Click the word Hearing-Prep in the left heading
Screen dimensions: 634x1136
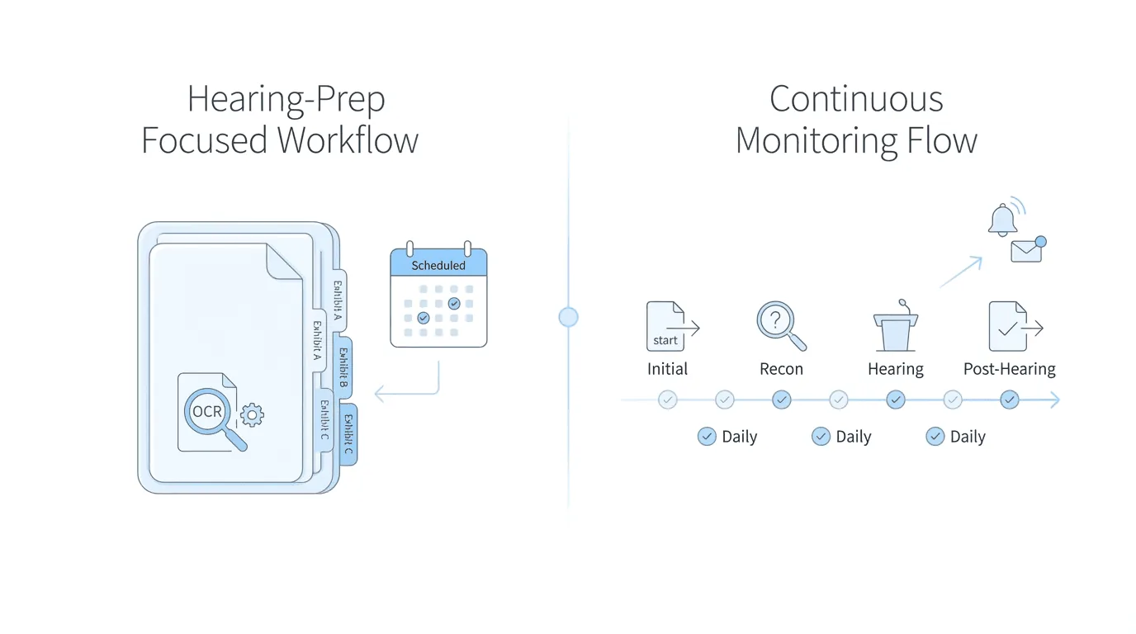[x=286, y=100]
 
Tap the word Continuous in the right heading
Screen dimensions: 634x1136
[x=856, y=100]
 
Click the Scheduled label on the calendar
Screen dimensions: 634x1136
[x=438, y=265]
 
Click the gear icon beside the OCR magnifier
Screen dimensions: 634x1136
[x=252, y=414]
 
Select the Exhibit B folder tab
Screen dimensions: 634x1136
[x=343, y=367]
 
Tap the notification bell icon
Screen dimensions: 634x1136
[x=1002, y=220]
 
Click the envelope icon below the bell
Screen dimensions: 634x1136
[x=1026, y=251]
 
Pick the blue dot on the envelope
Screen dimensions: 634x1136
[x=1040, y=242]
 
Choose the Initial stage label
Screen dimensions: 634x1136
[x=667, y=369]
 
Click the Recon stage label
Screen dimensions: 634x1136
[x=781, y=369]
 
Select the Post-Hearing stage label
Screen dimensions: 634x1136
[x=1009, y=369]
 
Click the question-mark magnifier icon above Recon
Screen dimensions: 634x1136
[x=779, y=324]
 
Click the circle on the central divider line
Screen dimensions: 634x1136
[x=568, y=317]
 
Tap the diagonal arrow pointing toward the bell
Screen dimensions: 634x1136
[x=961, y=272]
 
